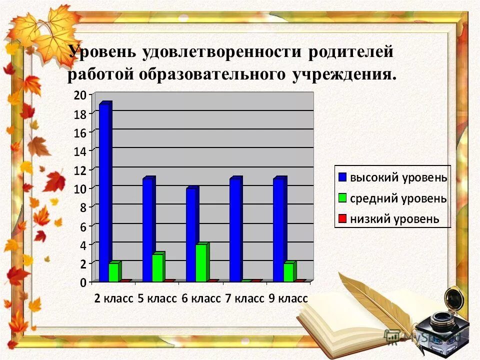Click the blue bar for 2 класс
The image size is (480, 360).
[104, 192]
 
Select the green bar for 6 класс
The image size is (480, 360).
[201, 263]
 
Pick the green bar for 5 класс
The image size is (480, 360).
[157, 268]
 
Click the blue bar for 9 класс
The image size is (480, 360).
[278, 230]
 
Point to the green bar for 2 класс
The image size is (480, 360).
[114, 272]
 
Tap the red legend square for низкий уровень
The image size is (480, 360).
[342, 218]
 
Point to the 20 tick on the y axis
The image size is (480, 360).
[80, 94]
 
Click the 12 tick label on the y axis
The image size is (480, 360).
[80, 169]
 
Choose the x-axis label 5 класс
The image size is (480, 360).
[157, 299]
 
